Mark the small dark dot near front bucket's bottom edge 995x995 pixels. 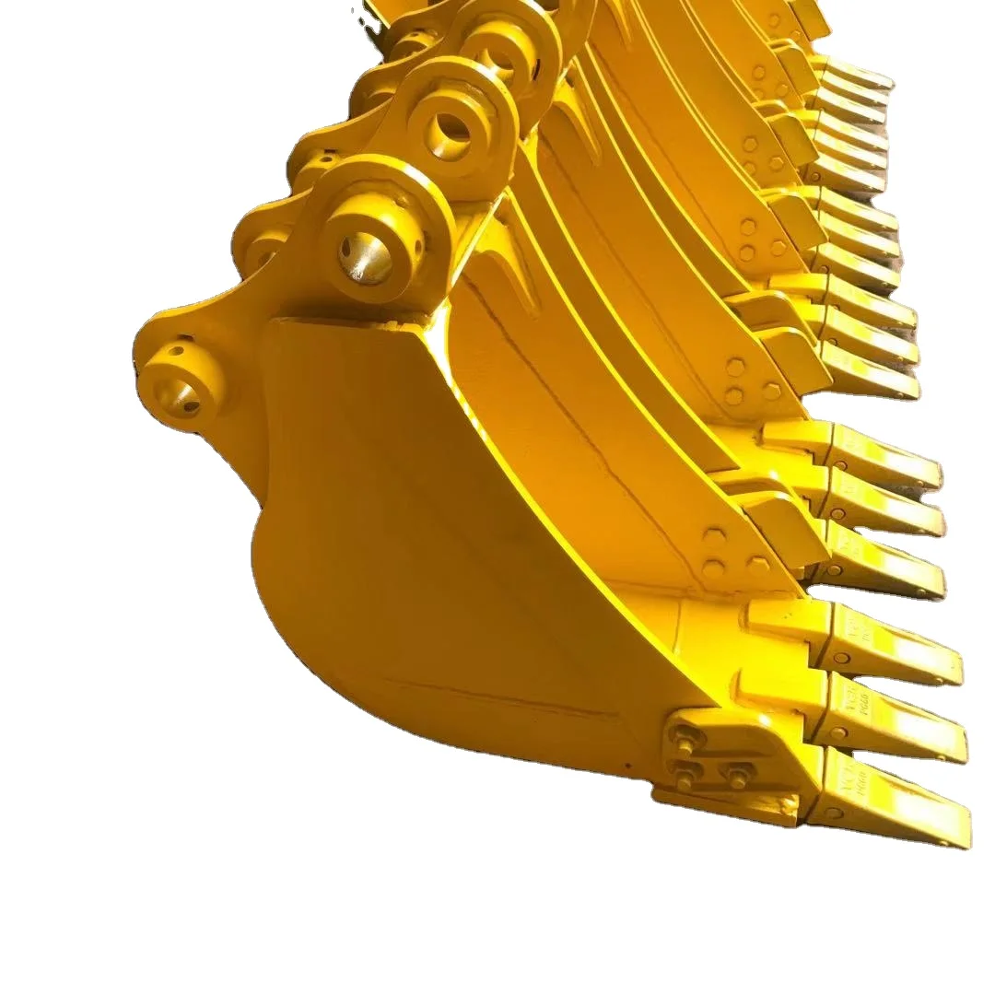626,765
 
